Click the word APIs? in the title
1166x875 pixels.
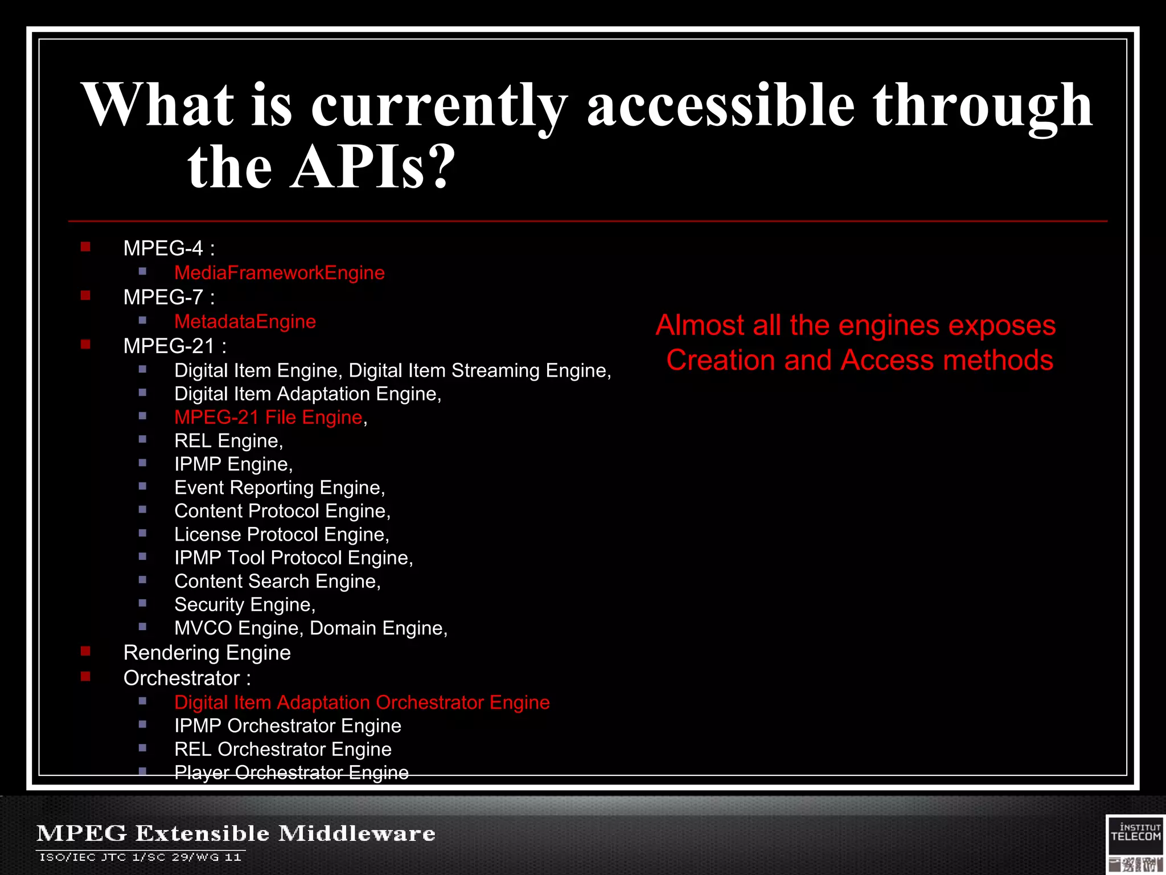click(373, 167)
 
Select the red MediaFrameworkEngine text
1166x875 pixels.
click(279, 273)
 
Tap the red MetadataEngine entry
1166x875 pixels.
click(245, 322)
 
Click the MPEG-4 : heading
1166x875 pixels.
click(169, 248)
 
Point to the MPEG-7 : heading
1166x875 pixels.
click(169, 297)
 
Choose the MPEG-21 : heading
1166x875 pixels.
click(174, 346)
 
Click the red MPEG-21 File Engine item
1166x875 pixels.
click(268, 418)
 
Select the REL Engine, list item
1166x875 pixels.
click(228, 441)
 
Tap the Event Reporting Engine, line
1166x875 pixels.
click(280, 488)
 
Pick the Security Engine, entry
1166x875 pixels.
click(245, 604)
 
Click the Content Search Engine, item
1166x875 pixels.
click(277, 581)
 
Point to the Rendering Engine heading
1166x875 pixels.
click(207, 653)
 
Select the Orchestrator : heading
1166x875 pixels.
click(187, 678)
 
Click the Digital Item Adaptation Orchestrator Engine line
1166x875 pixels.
click(362, 702)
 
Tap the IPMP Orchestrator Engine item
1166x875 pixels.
click(288, 726)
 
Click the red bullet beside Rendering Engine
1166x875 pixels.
click(86, 651)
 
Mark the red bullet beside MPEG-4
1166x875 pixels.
click(86, 247)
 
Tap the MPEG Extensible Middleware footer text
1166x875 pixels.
click(236, 833)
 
